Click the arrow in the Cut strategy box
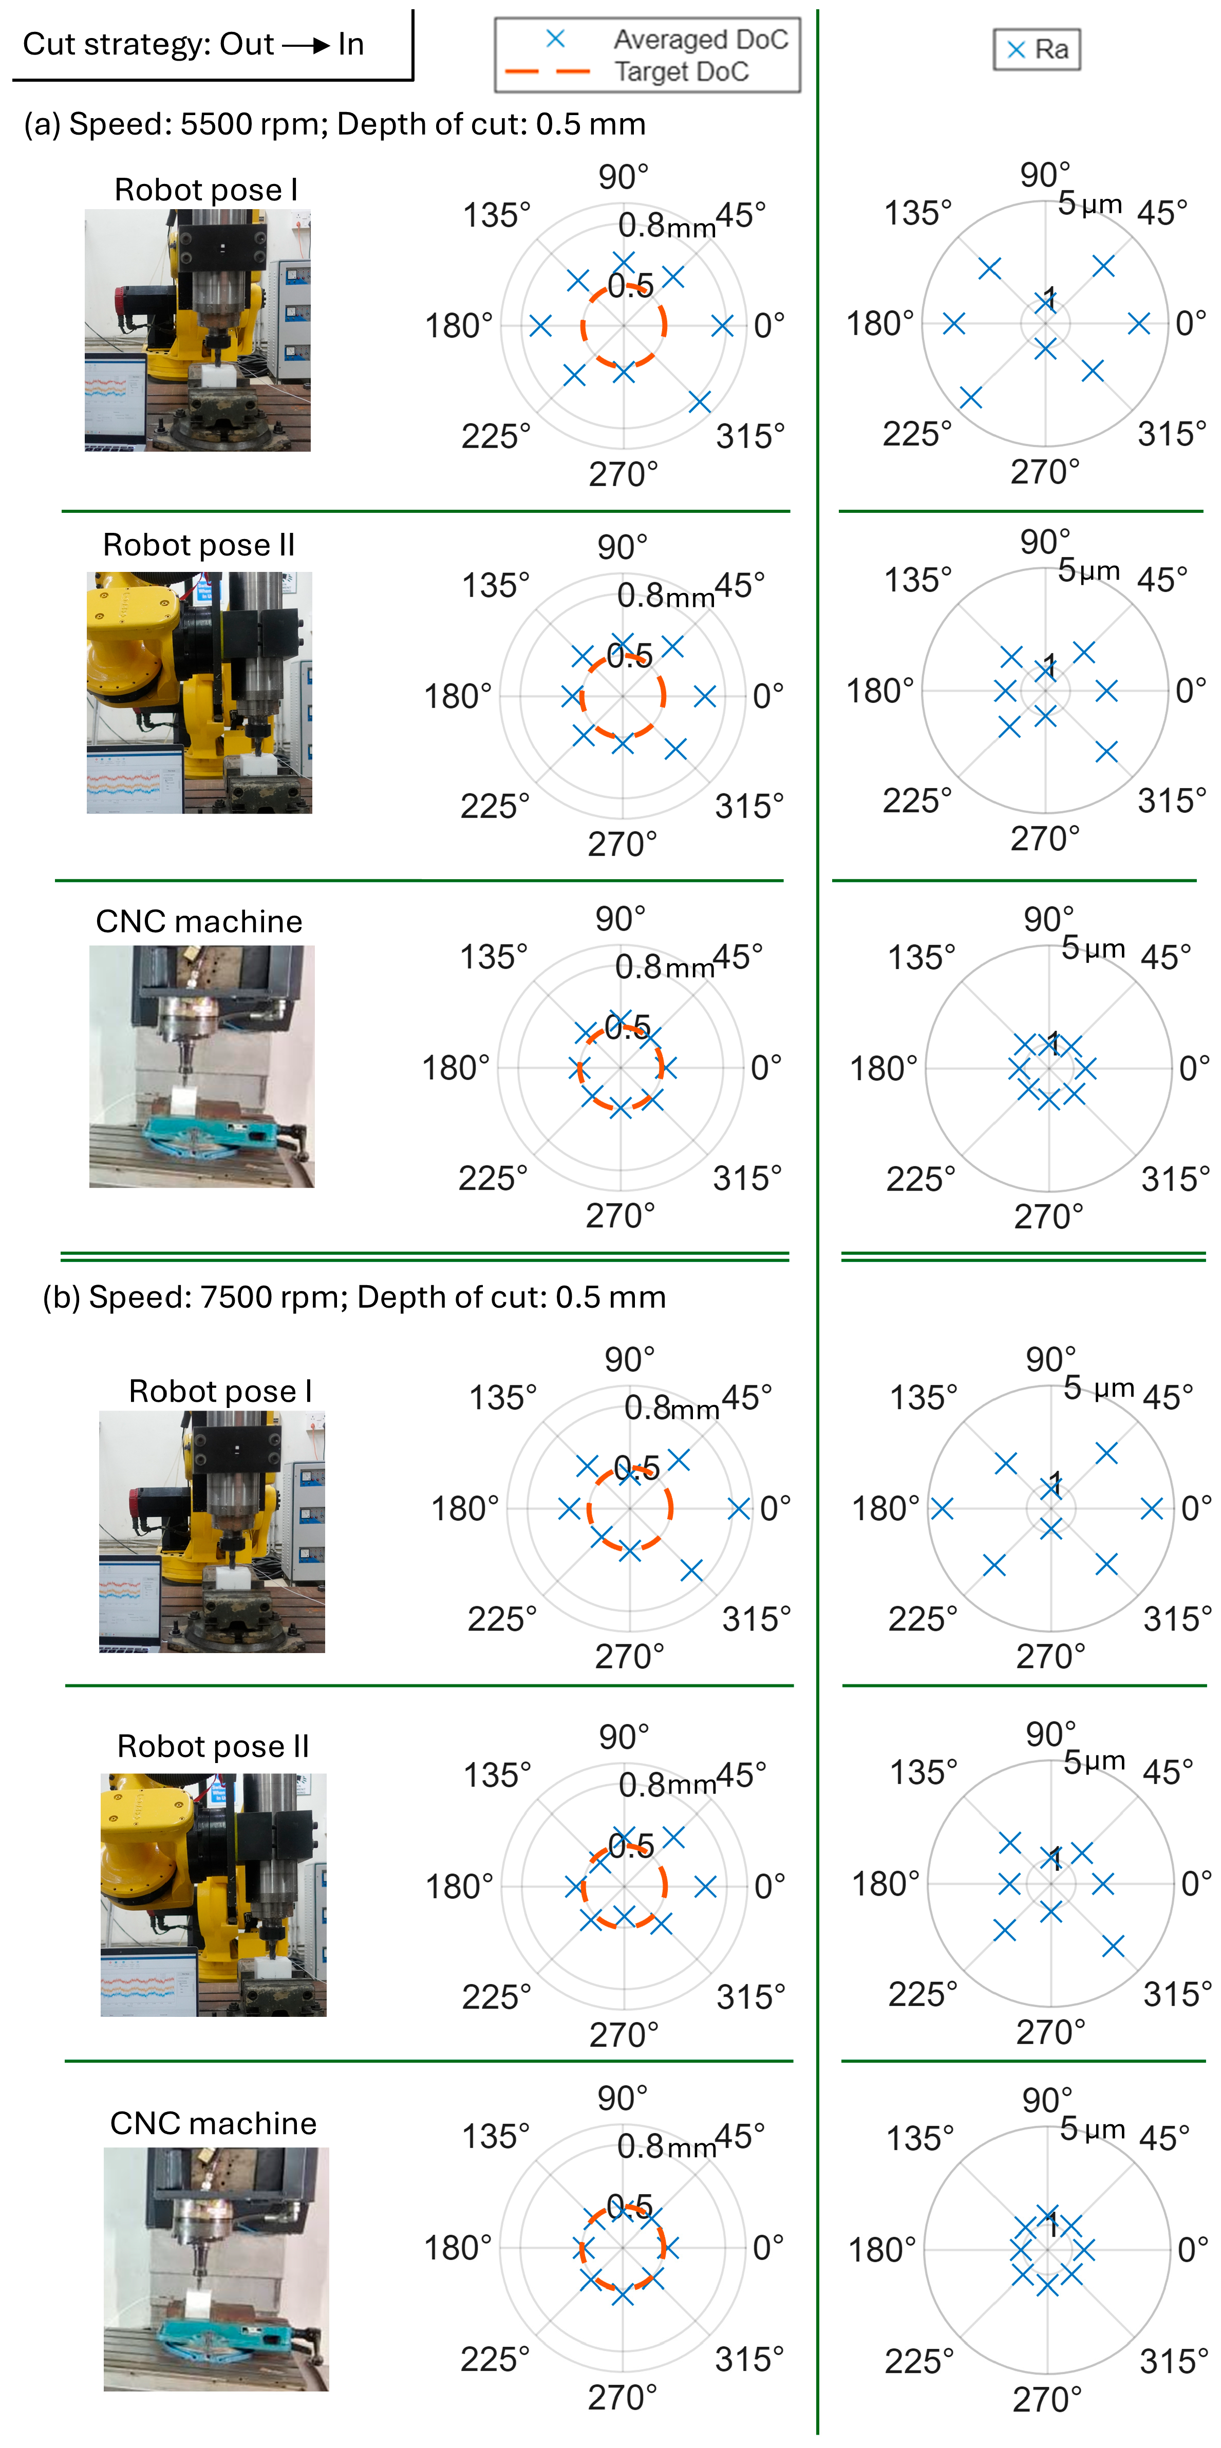[306, 45]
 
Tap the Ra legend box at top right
[1037, 49]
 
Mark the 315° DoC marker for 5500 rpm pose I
[699, 402]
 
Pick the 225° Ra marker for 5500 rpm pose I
[970, 397]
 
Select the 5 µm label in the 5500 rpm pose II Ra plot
[1089, 570]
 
